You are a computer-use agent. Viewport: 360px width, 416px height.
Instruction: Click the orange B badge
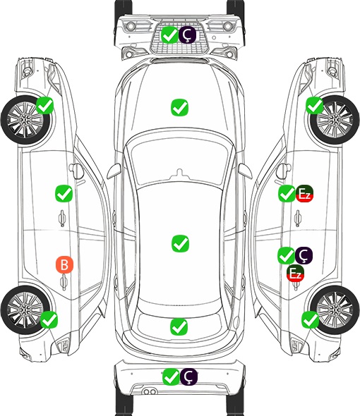click(64, 264)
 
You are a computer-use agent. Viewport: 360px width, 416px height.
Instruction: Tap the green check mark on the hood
click(179, 107)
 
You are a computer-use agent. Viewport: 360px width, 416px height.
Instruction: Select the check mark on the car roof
click(180, 243)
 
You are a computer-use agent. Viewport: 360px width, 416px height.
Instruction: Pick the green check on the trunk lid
click(179, 326)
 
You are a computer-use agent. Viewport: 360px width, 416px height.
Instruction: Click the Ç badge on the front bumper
click(187, 35)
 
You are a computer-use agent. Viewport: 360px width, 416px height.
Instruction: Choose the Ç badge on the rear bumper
click(188, 377)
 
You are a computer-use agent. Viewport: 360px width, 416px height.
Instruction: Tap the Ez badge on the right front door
click(304, 194)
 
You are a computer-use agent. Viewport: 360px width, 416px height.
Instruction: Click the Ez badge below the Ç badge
click(295, 273)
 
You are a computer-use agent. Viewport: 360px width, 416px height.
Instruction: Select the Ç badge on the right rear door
click(304, 255)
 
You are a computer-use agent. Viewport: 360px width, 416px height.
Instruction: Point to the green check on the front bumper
click(169, 35)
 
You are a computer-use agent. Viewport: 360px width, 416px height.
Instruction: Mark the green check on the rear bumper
click(171, 377)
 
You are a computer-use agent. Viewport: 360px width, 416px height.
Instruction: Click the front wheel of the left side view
click(26, 120)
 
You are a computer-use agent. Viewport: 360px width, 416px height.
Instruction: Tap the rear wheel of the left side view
click(25, 310)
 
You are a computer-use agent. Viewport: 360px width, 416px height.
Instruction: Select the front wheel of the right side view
click(335, 120)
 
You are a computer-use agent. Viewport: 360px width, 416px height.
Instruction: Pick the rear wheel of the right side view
click(335, 310)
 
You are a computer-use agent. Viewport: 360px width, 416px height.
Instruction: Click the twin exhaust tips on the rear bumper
click(150, 392)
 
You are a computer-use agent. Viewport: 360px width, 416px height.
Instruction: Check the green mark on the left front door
click(64, 194)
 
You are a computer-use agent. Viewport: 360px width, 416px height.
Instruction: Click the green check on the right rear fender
click(310, 319)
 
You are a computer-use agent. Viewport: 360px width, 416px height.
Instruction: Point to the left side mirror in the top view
click(114, 171)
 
